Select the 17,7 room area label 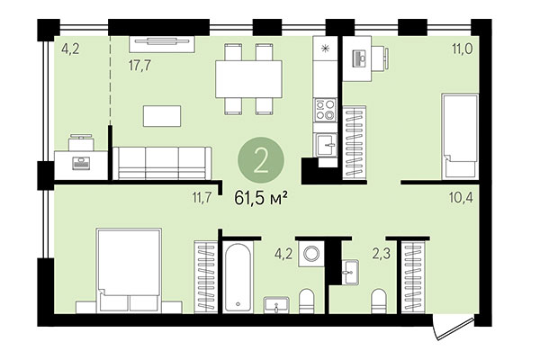139,65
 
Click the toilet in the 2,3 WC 379,301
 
